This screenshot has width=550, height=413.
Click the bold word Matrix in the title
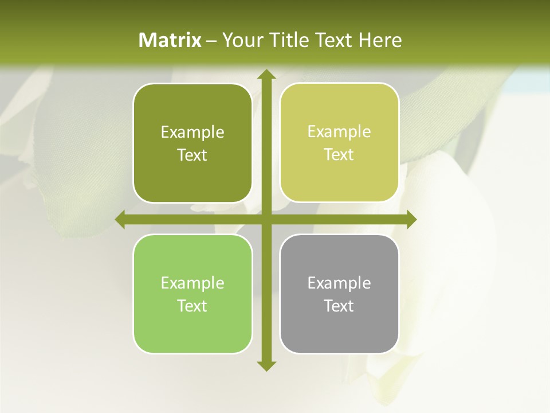tap(170, 40)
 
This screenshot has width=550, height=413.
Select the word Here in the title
tap(380, 40)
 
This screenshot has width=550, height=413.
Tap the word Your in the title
tap(240, 40)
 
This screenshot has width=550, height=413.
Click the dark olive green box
tap(192, 143)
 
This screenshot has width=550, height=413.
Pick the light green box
tap(192, 294)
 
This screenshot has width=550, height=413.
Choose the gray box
tap(339, 294)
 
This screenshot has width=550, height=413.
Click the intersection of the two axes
tap(266, 220)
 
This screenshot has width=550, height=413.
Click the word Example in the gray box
tap(339, 283)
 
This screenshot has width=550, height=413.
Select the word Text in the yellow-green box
tap(339, 155)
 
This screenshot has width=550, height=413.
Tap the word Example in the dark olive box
tap(192, 133)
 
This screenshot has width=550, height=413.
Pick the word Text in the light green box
tap(192, 306)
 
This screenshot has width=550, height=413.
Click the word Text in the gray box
tap(339, 306)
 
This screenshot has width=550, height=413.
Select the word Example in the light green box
tap(192, 283)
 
